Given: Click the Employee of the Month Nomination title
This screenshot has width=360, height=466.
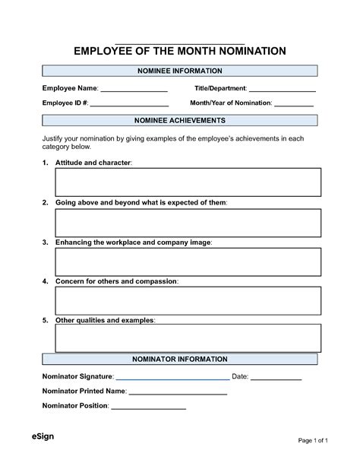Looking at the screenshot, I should pos(179,51).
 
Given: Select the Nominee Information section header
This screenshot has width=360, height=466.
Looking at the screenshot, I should pos(179,71).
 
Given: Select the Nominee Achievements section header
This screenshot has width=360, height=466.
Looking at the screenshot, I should pos(179,120).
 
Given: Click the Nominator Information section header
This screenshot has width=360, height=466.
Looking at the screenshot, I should pos(179,359).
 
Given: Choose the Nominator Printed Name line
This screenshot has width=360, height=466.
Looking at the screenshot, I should pos(178,393).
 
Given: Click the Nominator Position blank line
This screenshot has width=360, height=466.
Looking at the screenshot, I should pos(149,407).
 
